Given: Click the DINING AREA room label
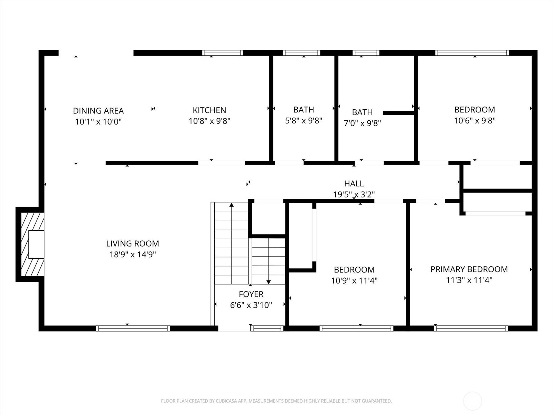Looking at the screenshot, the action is pos(98,111).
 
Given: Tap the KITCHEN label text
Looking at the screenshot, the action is pos(209,110).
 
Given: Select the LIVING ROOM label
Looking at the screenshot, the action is pos(132,243).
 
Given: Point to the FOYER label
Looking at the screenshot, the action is pos(251,294).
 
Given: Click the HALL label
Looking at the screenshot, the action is pos(354,183).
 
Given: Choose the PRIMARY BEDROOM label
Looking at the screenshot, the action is pos(469,269).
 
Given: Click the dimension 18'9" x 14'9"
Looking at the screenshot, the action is pos(132,255).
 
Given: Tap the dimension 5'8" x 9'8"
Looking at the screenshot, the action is pos(303,121).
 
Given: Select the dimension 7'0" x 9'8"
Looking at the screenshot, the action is pos(362,123).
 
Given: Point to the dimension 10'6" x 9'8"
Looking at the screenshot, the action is pos(475,121).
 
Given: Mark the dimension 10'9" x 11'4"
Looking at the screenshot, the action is pos(354,280).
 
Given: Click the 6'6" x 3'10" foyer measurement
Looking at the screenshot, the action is pos(251,305).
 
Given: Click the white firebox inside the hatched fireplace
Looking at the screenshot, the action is pos(36,244).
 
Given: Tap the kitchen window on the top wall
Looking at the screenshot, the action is pos(223,53).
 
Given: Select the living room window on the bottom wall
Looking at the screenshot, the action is pos(133,328).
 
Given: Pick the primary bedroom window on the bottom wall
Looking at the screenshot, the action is pos(471,328).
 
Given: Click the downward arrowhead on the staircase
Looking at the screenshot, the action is pos(269,282).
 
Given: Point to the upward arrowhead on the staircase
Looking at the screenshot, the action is pos(232,205).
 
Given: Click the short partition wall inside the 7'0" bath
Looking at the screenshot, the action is pos(399,113).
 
